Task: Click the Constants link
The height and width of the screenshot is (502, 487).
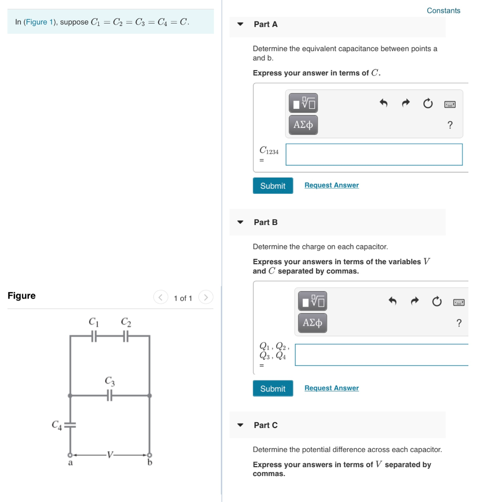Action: coord(443,11)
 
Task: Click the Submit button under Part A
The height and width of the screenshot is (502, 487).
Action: coord(273,186)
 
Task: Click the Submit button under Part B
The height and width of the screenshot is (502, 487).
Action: coord(273,389)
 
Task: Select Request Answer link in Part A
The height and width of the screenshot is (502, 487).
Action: coord(331,185)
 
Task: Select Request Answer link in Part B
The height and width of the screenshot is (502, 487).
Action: coord(331,388)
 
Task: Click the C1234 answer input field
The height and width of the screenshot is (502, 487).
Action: coord(374,154)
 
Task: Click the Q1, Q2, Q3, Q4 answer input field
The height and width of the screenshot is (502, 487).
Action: coord(382,355)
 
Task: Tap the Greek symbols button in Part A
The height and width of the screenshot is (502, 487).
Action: coord(303,125)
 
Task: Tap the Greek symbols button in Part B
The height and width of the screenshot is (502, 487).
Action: coord(313,323)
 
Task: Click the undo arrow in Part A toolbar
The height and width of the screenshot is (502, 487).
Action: coord(384,103)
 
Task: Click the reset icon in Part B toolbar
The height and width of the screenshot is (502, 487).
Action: coord(437,301)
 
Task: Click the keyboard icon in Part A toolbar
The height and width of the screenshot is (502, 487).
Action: coord(450,104)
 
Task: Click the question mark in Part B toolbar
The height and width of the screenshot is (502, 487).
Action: coord(459,323)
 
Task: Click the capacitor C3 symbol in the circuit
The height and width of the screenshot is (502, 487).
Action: coord(110,395)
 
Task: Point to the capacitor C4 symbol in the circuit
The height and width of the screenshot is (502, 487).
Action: coord(70,425)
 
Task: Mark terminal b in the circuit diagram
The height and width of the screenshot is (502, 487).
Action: coord(149,455)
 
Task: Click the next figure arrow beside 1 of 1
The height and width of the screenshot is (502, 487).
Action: coord(206,298)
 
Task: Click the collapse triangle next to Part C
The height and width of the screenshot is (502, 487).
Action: coord(240,425)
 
